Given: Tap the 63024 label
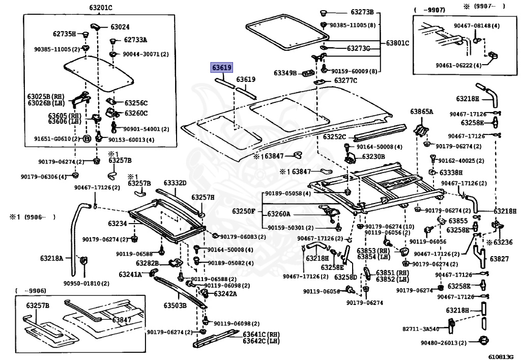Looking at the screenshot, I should point(120,27).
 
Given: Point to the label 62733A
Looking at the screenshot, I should point(135,40).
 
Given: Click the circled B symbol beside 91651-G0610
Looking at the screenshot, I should point(86,139).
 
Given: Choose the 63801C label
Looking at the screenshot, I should point(397,43).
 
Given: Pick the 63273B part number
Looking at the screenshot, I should point(362,12).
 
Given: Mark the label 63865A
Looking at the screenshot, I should point(421,112).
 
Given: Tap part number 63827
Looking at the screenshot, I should point(499,259).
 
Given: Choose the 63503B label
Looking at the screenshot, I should point(175,306).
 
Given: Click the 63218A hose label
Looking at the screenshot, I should point(52,258).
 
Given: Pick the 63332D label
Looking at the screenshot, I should point(175,183).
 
